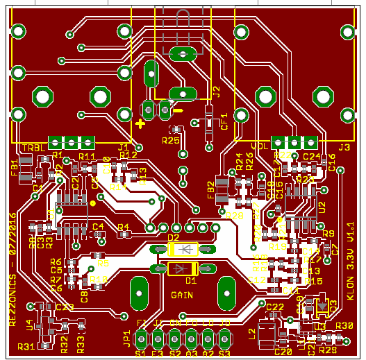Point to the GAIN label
click(182, 294)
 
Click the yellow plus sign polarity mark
click(140, 124)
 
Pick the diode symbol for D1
click(183, 268)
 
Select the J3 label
click(344, 147)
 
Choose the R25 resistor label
click(170, 140)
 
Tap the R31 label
click(26, 345)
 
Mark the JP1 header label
click(127, 338)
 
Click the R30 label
click(344, 325)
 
